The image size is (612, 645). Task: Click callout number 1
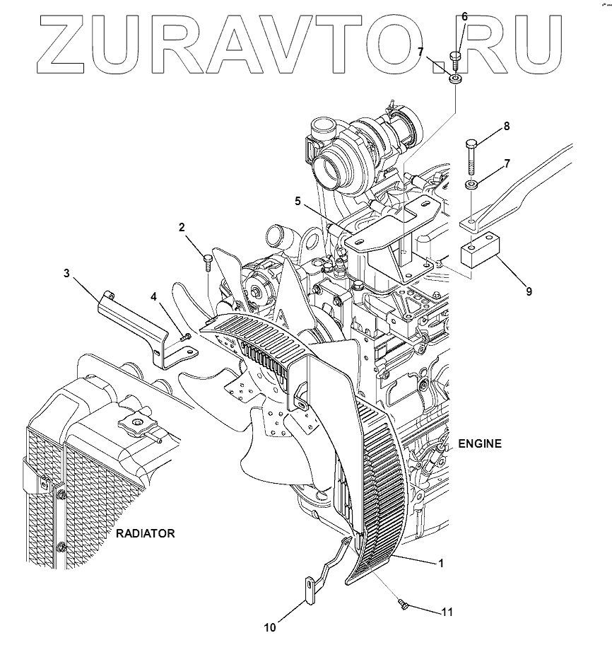pos(440,564)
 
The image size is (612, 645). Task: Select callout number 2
pos(182,228)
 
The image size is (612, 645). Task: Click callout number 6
pos(464,16)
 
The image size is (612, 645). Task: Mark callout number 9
pos(528,290)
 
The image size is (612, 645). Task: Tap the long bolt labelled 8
pos(471,157)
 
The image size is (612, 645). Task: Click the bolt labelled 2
pos(207,262)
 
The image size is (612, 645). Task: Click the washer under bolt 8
pos(471,185)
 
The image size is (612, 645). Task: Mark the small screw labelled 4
pos(185,337)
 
